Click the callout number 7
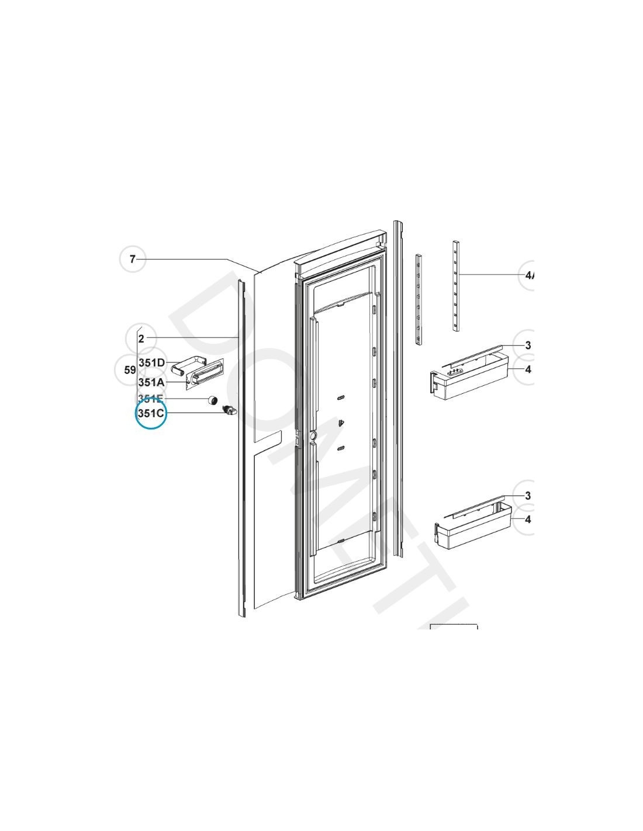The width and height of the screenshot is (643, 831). click(x=133, y=259)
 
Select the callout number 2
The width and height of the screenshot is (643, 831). click(x=141, y=338)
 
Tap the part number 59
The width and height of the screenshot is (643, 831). click(x=130, y=370)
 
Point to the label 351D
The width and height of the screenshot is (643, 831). click(x=151, y=363)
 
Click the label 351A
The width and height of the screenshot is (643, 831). click(x=151, y=382)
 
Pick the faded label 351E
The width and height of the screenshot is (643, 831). click(x=150, y=399)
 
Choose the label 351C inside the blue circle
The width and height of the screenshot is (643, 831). click(x=151, y=413)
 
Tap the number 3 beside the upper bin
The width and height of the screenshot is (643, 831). click(x=527, y=345)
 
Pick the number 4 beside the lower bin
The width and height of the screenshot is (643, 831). click(x=527, y=520)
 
